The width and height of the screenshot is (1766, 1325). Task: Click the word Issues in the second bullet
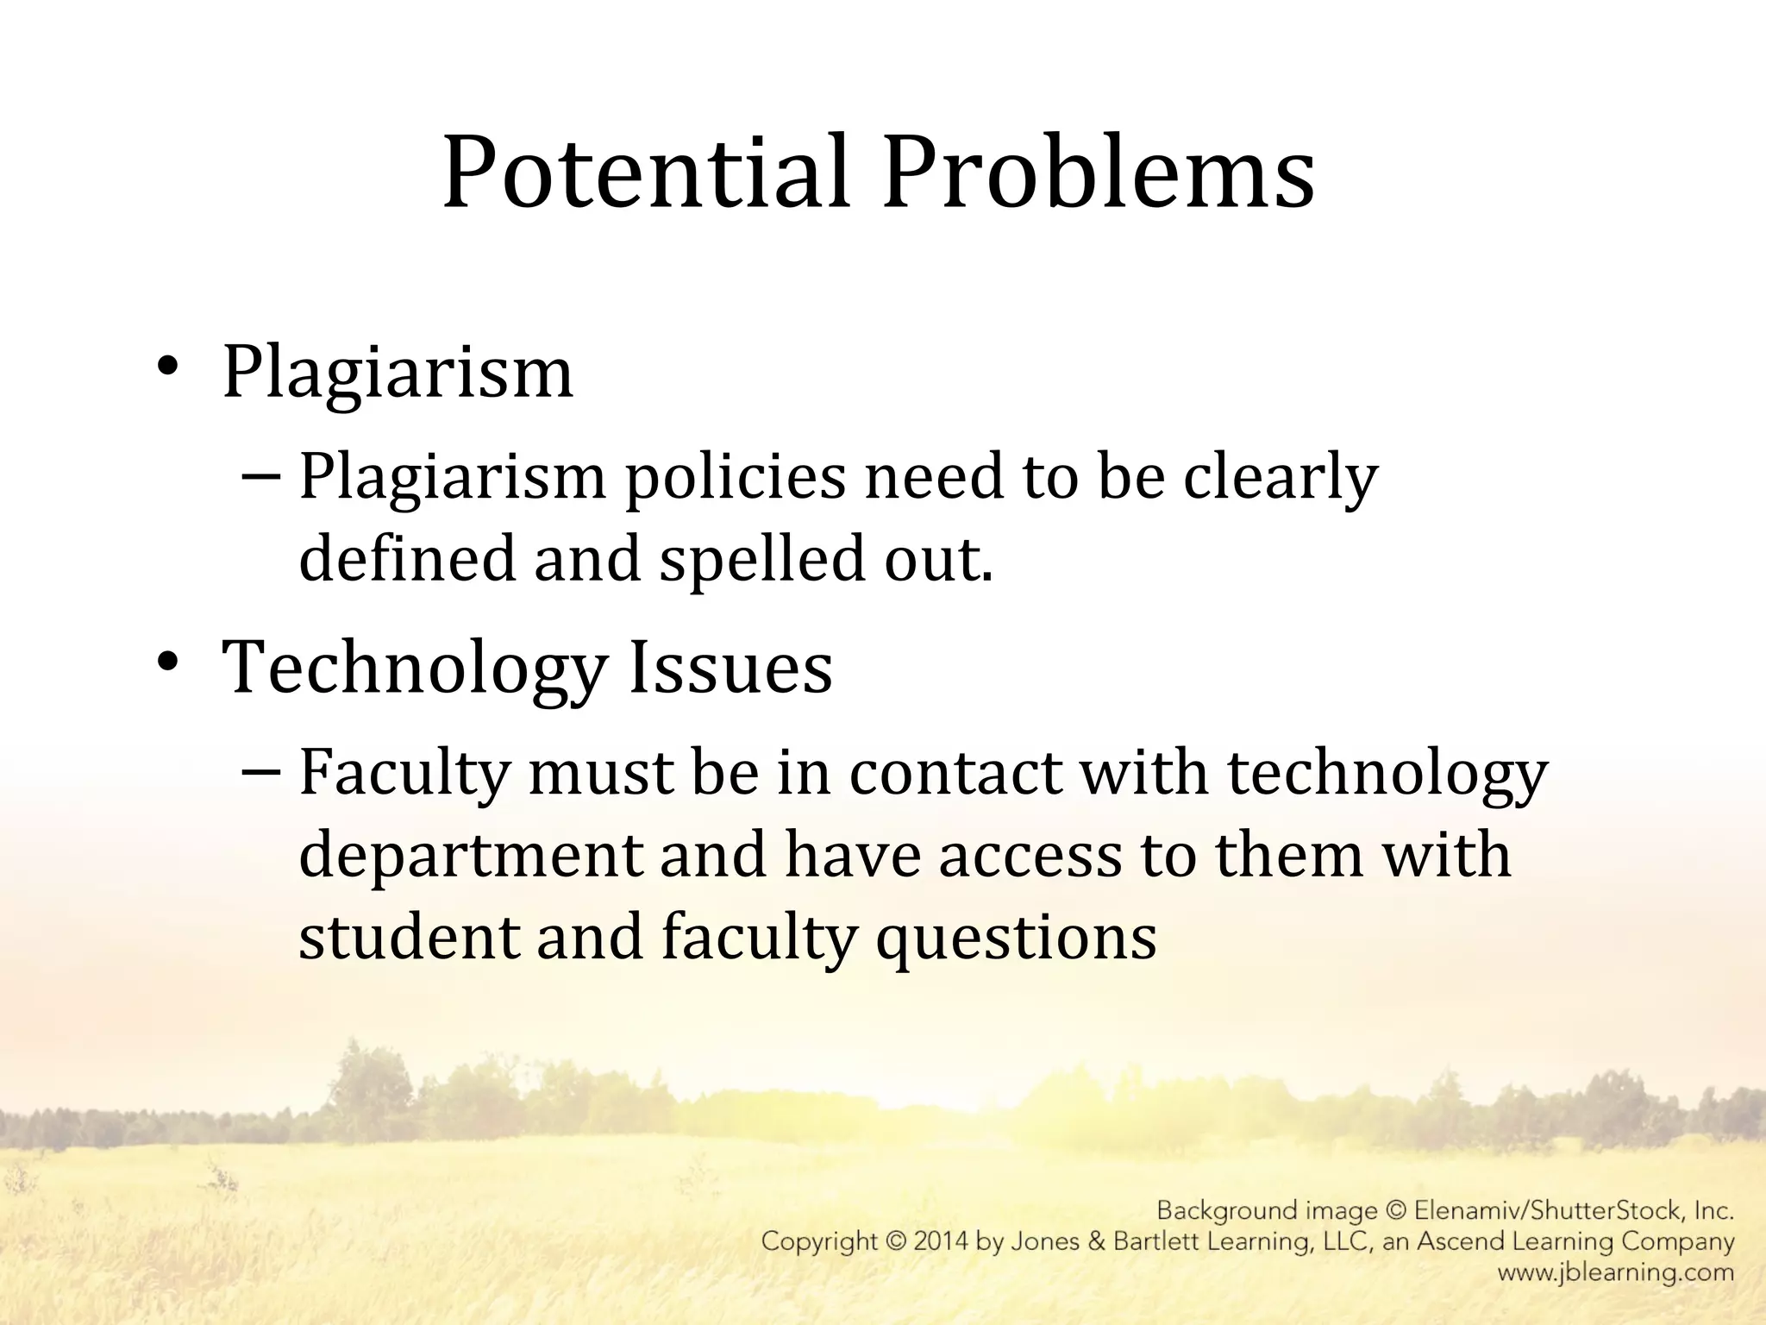tap(730, 668)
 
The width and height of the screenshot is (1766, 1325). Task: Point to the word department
tap(471, 857)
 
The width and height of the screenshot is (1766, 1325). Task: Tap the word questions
tap(1017, 939)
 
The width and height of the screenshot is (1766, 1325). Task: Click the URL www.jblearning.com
tap(1615, 1272)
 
